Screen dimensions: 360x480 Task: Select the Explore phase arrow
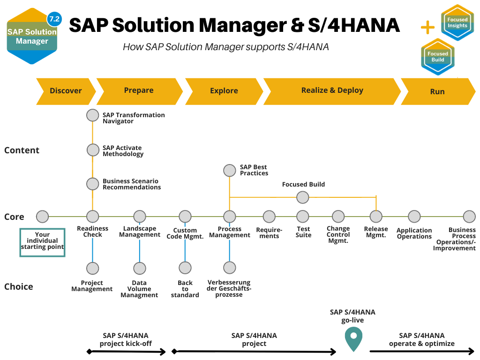[x=224, y=91]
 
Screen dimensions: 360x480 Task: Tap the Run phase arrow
[x=437, y=91]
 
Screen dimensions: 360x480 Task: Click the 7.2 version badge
[x=54, y=19]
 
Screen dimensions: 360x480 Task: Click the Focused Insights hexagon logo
[x=457, y=22]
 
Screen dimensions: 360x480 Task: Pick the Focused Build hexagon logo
[x=437, y=57]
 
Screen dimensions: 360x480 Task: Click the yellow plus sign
[x=427, y=28]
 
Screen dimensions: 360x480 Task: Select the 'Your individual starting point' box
[x=42, y=241]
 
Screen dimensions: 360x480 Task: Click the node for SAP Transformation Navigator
[x=93, y=115]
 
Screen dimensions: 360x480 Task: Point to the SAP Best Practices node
[x=229, y=170]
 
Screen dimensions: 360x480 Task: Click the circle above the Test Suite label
[x=303, y=216]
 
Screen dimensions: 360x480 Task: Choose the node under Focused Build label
[x=303, y=197]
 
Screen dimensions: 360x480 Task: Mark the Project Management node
[x=93, y=268]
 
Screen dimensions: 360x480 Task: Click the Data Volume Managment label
[x=139, y=289]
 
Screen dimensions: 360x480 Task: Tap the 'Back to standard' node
[x=185, y=268]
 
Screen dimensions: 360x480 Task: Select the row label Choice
[x=19, y=286]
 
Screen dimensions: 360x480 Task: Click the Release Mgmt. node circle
[x=376, y=216]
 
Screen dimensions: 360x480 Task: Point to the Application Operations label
[x=414, y=233]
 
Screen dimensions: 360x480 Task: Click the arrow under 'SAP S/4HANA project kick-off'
[x=127, y=352]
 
